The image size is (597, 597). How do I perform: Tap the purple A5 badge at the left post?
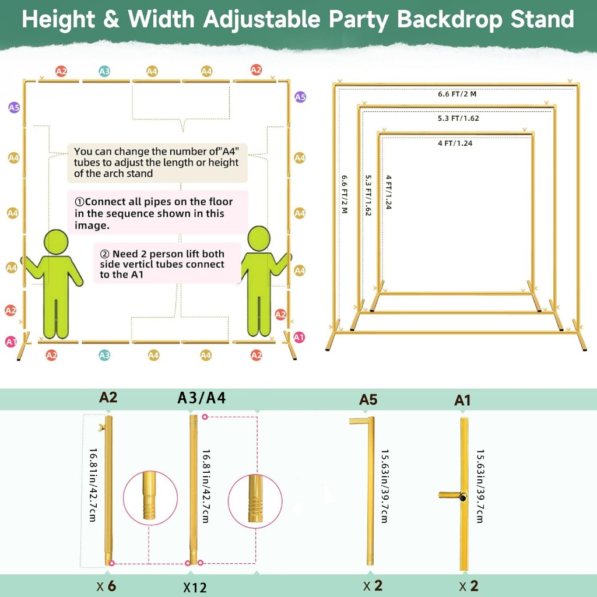(14, 107)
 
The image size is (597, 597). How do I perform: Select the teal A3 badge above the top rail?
(104, 71)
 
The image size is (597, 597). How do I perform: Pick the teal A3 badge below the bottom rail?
(104, 355)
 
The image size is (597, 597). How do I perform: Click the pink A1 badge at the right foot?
(299, 337)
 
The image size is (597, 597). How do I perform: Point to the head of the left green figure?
(56, 242)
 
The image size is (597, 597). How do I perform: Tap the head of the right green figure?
(259, 238)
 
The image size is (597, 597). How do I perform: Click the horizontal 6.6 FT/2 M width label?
(457, 94)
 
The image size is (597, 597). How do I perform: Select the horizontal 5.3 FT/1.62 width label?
(458, 118)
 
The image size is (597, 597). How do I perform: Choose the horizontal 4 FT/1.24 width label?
(455, 143)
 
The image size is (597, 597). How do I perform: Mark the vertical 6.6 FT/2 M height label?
(345, 194)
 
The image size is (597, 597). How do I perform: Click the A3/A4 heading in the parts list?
(201, 398)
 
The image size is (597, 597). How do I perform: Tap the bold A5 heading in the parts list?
(368, 399)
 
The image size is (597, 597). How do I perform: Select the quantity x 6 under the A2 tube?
(106, 585)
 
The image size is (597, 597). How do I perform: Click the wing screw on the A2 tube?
(101, 427)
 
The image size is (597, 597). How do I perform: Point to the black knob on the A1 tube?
(463, 497)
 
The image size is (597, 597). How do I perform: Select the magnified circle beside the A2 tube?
(150, 498)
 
